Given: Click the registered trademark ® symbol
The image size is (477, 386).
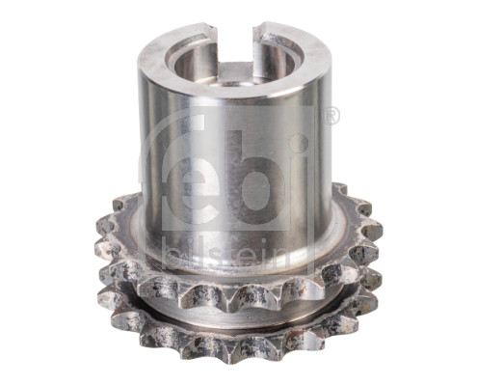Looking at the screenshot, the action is tap(331, 116).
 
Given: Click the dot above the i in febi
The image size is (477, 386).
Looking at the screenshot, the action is tap(299, 142).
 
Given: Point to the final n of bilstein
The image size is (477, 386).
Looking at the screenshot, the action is tap(282, 258).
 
